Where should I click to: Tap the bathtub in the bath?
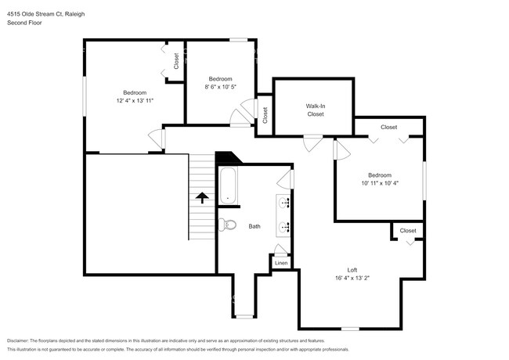(228, 185)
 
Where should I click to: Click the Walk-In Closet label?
(315, 110)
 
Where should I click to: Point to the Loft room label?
(352, 270)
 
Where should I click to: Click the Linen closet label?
(281, 263)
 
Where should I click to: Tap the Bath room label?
(254, 226)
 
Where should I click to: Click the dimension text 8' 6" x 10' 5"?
(220, 87)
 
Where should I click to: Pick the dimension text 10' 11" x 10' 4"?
(381, 183)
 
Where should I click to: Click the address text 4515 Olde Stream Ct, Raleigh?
(47, 13)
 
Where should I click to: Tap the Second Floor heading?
(25, 23)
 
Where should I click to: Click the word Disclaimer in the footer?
(20, 341)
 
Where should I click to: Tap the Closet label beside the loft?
(408, 230)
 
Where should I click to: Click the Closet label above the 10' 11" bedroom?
(388, 127)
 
